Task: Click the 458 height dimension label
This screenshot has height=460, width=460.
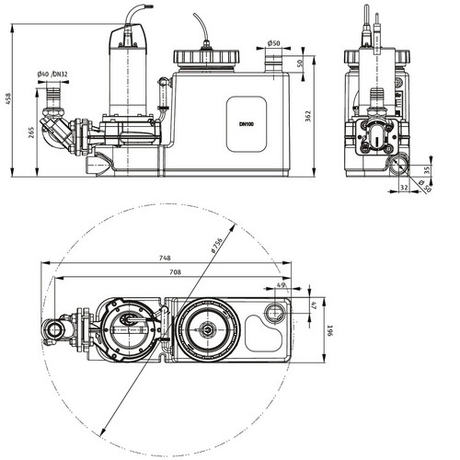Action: click(x=8, y=98)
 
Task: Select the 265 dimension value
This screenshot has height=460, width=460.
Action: click(x=31, y=132)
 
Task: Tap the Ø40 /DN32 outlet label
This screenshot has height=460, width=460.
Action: click(x=52, y=75)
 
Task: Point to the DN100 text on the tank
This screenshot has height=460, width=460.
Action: click(x=247, y=124)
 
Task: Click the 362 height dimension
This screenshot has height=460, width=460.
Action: click(x=308, y=116)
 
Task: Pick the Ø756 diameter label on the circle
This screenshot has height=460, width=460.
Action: click(x=216, y=245)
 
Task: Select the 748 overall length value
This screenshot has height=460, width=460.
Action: click(x=165, y=259)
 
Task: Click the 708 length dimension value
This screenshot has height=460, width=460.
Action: click(x=175, y=272)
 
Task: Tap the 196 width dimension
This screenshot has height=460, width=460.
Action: click(x=330, y=330)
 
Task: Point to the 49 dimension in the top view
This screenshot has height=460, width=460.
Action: click(x=281, y=284)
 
